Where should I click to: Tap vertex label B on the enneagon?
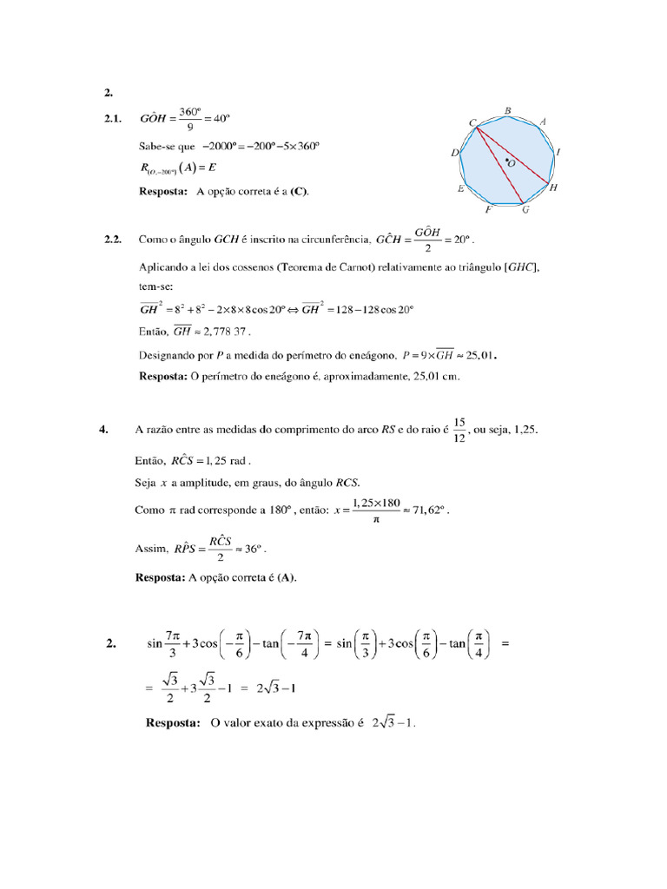click(507, 111)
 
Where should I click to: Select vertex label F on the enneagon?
click(489, 210)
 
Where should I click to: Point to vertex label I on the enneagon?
click(558, 152)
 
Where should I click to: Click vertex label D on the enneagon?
click(455, 153)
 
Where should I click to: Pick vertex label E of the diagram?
click(460, 188)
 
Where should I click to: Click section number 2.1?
click(113, 118)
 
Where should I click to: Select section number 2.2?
click(113, 238)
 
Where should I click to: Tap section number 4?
click(103, 429)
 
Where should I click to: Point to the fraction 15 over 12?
click(460, 429)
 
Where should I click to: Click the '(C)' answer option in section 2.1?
click(300, 191)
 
